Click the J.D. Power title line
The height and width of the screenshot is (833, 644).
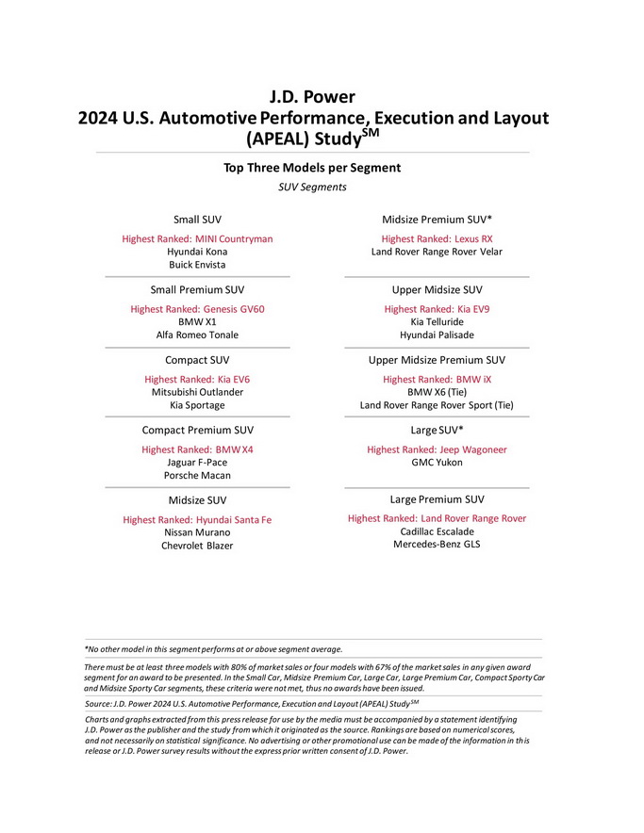[x=312, y=96]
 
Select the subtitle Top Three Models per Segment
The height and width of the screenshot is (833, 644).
[x=312, y=168]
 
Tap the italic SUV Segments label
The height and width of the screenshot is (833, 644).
[x=312, y=188]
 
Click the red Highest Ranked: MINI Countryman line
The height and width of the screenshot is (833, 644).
[x=197, y=239]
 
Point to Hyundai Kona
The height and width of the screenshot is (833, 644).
[x=197, y=253]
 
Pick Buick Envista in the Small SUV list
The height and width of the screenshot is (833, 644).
[x=197, y=266]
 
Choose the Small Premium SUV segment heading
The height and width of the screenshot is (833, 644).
[x=197, y=290]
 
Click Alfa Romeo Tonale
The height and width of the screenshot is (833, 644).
[x=197, y=335]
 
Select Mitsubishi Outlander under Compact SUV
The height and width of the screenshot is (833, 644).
[x=197, y=392]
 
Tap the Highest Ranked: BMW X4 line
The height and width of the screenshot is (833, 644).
[x=197, y=450]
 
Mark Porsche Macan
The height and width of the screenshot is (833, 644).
[x=197, y=476]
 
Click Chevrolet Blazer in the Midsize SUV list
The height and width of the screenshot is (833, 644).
[x=197, y=546]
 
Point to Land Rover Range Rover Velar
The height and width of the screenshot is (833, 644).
[x=437, y=253]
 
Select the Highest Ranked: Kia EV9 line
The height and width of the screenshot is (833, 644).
[x=437, y=309]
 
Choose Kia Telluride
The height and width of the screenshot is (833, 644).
[x=437, y=322]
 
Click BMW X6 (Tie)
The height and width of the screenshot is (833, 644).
[x=437, y=392]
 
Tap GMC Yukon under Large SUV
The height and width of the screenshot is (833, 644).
[x=437, y=463]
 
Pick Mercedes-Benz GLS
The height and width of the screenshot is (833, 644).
[x=437, y=544]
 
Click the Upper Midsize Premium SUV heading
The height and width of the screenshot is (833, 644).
[x=437, y=360]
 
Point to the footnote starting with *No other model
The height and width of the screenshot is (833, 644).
[x=214, y=649]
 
